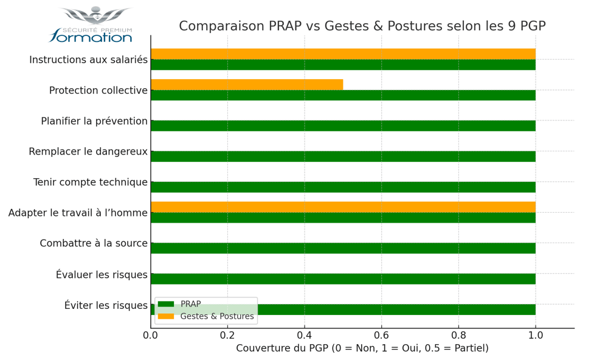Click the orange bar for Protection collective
click(x=246, y=85)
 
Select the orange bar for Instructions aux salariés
click(x=343, y=54)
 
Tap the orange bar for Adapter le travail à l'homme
click(x=343, y=207)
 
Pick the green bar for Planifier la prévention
click(x=343, y=126)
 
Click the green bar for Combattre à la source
click(x=343, y=248)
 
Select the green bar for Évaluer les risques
click(x=343, y=279)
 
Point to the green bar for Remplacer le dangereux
click(x=343, y=156)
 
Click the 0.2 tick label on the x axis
click(x=227, y=335)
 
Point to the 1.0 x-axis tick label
click(x=535, y=335)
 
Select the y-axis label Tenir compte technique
click(x=90, y=182)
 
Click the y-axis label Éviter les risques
click(x=106, y=305)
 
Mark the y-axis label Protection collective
click(x=98, y=91)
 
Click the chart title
click(x=362, y=26)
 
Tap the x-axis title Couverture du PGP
click(x=362, y=348)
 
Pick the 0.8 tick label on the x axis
click(x=458, y=335)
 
